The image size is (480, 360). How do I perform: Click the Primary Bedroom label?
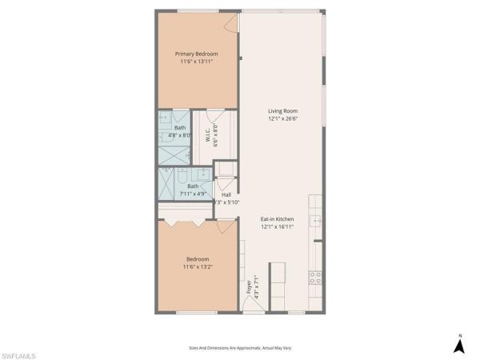(x=197, y=54)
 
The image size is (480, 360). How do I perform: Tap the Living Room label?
(x=283, y=111)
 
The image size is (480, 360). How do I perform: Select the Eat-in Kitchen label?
(x=278, y=219)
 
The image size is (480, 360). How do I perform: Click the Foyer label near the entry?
(x=250, y=286)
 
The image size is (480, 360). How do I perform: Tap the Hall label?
(x=226, y=194)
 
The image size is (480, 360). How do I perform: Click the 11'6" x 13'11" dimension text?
(x=197, y=62)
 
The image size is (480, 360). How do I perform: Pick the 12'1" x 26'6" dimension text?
(x=283, y=119)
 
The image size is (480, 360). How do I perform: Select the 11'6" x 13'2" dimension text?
(x=198, y=266)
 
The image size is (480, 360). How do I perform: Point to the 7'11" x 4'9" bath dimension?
(x=193, y=193)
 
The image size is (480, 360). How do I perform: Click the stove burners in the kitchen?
(x=315, y=278)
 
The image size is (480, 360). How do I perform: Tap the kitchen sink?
(x=317, y=222)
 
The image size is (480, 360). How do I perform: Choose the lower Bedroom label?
(x=198, y=258)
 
